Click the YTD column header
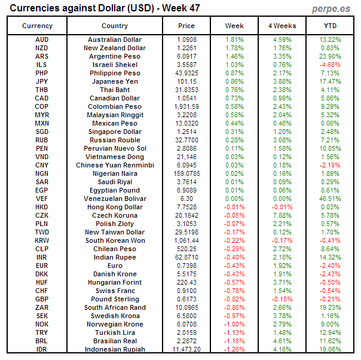(330, 26)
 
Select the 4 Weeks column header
(282, 26)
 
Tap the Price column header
(186, 26)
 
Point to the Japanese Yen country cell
(115, 81)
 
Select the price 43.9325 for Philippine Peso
(186, 73)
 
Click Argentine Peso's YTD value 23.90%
(330, 56)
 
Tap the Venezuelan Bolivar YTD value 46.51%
(330, 199)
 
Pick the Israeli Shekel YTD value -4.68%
(330, 65)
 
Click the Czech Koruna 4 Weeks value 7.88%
(282, 215)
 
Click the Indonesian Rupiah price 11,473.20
(186, 349)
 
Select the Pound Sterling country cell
(115, 299)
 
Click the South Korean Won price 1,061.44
(186, 240)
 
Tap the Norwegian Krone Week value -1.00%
(234, 324)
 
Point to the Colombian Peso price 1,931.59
(186, 106)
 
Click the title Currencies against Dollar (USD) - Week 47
(105, 8)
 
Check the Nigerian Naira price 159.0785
(186, 173)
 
